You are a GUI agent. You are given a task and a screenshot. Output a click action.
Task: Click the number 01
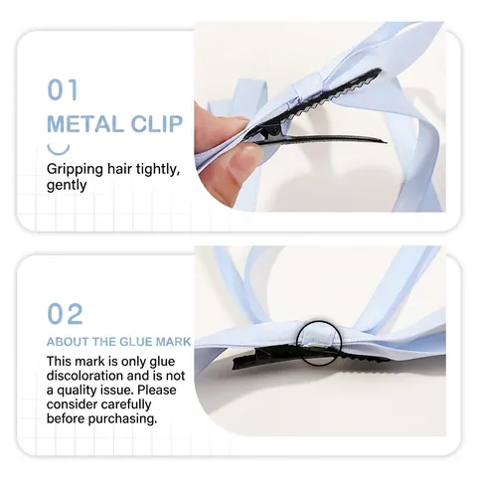click(x=63, y=89)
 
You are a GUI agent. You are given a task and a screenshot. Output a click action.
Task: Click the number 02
click(x=65, y=314)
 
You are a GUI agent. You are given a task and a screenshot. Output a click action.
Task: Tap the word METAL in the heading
click(x=85, y=124)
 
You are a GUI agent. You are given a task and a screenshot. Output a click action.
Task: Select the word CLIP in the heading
click(x=157, y=124)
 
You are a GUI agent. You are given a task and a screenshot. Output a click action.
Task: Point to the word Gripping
click(x=76, y=170)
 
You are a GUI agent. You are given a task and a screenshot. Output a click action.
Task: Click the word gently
click(x=67, y=186)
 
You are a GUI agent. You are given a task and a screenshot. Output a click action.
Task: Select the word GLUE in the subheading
click(x=135, y=342)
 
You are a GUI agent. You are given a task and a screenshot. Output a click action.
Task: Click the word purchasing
click(x=122, y=419)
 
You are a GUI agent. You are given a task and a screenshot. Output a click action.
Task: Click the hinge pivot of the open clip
click(x=275, y=131)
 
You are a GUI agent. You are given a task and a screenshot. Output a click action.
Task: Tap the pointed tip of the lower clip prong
click(x=386, y=142)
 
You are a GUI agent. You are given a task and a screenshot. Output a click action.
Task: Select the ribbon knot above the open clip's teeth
click(x=306, y=85)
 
